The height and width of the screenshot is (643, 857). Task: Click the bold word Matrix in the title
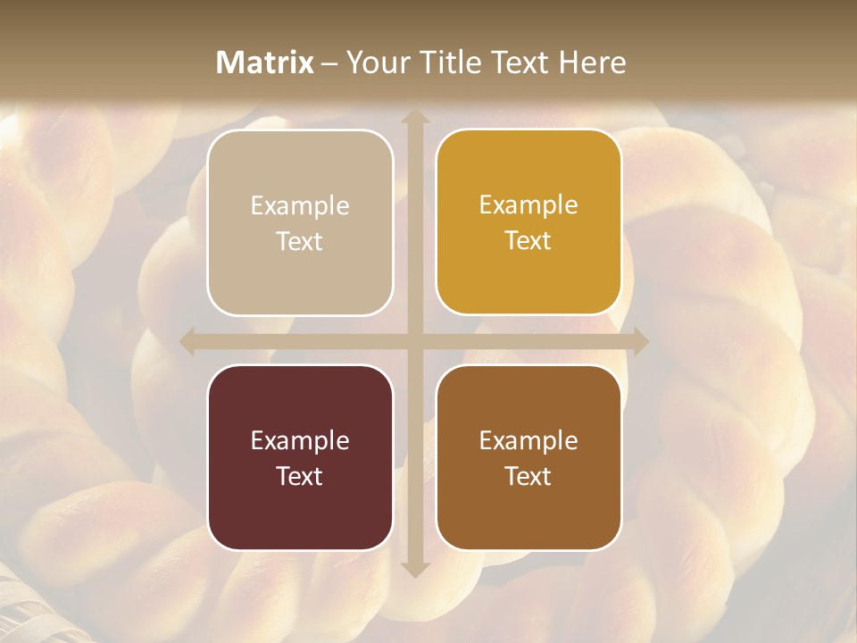click(x=265, y=63)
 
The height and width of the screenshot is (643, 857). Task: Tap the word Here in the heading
click(x=592, y=63)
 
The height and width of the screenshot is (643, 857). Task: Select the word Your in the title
click(x=375, y=63)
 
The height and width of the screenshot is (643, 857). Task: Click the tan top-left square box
click(x=300, y=222)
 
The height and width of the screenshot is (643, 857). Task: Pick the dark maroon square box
click(x=300, y=457)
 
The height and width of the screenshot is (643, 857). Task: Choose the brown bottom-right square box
click(x=528, y=457)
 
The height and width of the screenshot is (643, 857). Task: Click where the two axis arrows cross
click(x=414, y=342)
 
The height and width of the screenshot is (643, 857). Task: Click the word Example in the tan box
click(x=300, y=206)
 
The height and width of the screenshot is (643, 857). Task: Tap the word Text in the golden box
click(x=528, y=241)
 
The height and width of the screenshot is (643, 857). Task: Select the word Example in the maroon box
click(x=300, y=441)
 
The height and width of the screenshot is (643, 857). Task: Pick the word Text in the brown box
click(x=528, y=476)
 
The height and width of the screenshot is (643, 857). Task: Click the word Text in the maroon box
click(x=300, y=476)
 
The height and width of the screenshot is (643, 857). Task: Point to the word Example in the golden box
click(x=528, y=205)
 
